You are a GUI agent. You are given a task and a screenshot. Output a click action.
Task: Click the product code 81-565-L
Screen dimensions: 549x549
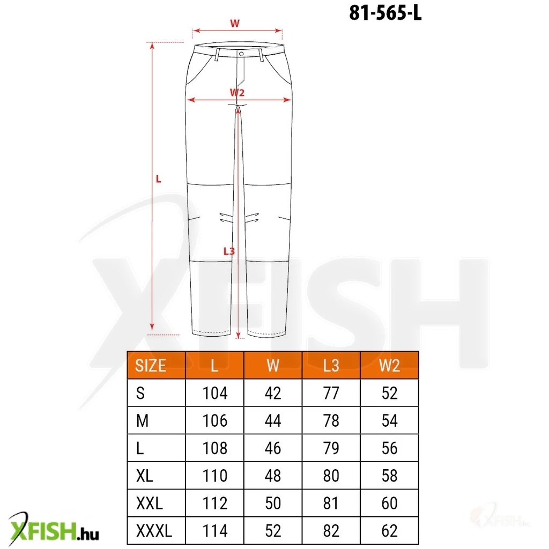[x=385, y=13]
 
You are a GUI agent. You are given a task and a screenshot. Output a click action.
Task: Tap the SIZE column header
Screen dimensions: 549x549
[x=151, y=366]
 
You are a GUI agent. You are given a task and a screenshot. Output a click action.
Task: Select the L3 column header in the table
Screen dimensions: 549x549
[x=331, y=366]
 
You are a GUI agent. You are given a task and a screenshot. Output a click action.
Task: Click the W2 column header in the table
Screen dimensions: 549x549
[x=389, y=366]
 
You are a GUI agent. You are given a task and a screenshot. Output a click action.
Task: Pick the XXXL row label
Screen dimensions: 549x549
[x=154, y=531]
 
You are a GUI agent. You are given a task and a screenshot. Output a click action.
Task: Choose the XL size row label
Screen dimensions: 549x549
[x=145, y=476]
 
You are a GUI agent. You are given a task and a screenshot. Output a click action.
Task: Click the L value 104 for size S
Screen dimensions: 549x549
[x=215, y=393]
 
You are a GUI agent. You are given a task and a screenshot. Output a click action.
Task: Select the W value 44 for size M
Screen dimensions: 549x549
[x=273, y=420]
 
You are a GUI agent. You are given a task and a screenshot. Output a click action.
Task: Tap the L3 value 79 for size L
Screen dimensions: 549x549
[x=331, y=448]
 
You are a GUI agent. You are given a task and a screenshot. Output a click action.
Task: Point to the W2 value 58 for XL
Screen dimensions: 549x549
[x=389, y=476]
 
